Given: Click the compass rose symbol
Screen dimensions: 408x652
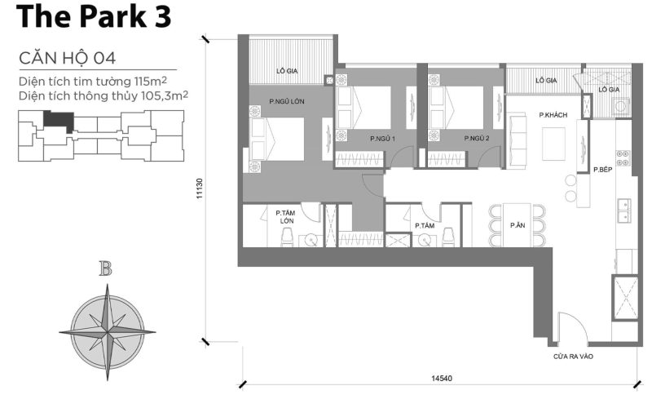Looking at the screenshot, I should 105,330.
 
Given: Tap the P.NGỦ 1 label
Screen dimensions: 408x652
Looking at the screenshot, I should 382,140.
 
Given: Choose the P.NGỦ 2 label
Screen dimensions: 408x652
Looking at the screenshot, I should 476,140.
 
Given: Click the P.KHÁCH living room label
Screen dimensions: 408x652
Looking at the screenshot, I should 553,115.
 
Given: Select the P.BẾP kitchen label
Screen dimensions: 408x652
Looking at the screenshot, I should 602,170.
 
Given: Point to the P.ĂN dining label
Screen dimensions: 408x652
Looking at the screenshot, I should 517,225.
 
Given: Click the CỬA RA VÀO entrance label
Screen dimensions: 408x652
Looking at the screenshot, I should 572,356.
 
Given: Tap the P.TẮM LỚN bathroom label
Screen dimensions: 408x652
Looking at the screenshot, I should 285,216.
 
